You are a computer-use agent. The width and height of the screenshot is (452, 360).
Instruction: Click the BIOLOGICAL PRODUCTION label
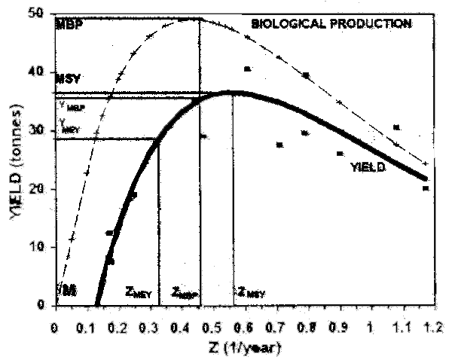(331, 23)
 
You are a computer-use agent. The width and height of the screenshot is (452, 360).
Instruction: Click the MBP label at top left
(69, 24)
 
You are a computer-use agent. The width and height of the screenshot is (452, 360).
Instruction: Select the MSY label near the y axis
(69, 78)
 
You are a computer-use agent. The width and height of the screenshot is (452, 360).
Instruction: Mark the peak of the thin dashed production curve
(197, 19)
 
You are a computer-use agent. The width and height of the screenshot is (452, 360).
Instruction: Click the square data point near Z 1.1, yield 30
(397, 127)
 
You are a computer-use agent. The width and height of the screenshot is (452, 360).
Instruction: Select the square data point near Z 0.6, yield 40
(246, 69)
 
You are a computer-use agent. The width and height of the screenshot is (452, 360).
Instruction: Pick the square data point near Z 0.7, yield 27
(279, 145)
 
